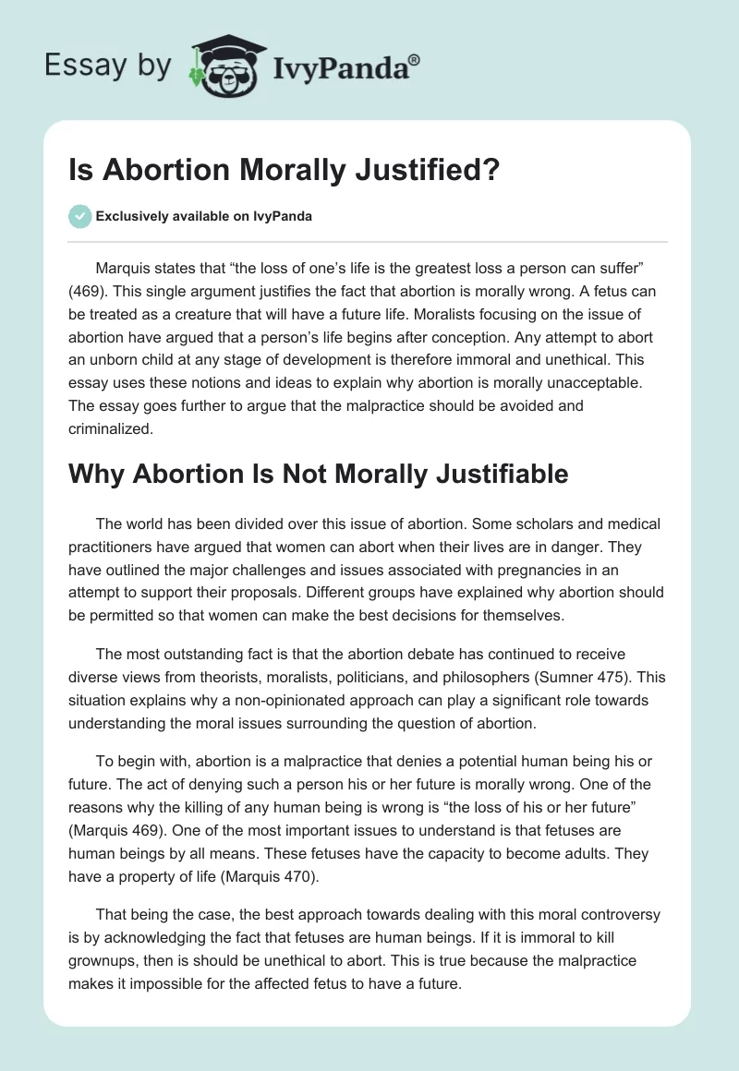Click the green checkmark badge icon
[x=79, y=216]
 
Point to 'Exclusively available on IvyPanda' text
[x=204, y=217]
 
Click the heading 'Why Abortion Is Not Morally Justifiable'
[x=319, y=475]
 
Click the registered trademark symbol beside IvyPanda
[x=416, y=58]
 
